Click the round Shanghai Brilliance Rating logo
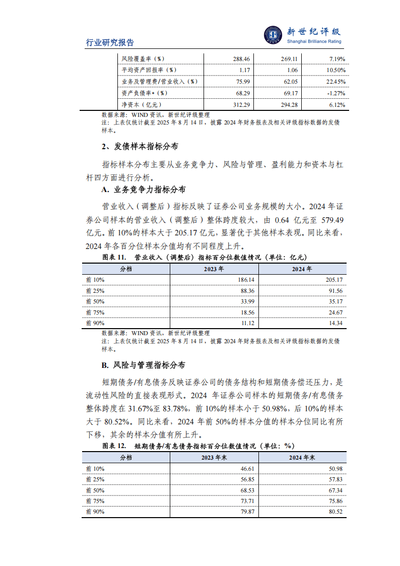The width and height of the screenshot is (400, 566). click(274, 35)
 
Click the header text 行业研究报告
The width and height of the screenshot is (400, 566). click(110, 43)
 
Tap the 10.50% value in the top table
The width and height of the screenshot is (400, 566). click(336, 70)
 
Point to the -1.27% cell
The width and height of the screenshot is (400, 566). click(336, 93)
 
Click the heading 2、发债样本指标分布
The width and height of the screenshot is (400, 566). click(139, 147)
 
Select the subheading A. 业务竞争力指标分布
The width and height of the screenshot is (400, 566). click(143, 190)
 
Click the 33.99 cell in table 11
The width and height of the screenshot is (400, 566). click(245, 302)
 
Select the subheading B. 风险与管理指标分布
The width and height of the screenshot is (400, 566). click(143, 365)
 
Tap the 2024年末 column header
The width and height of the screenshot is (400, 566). click(302, 458)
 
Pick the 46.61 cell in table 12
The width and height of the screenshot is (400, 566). click(245, 468)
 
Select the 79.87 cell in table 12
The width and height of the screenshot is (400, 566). click(245, 512)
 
